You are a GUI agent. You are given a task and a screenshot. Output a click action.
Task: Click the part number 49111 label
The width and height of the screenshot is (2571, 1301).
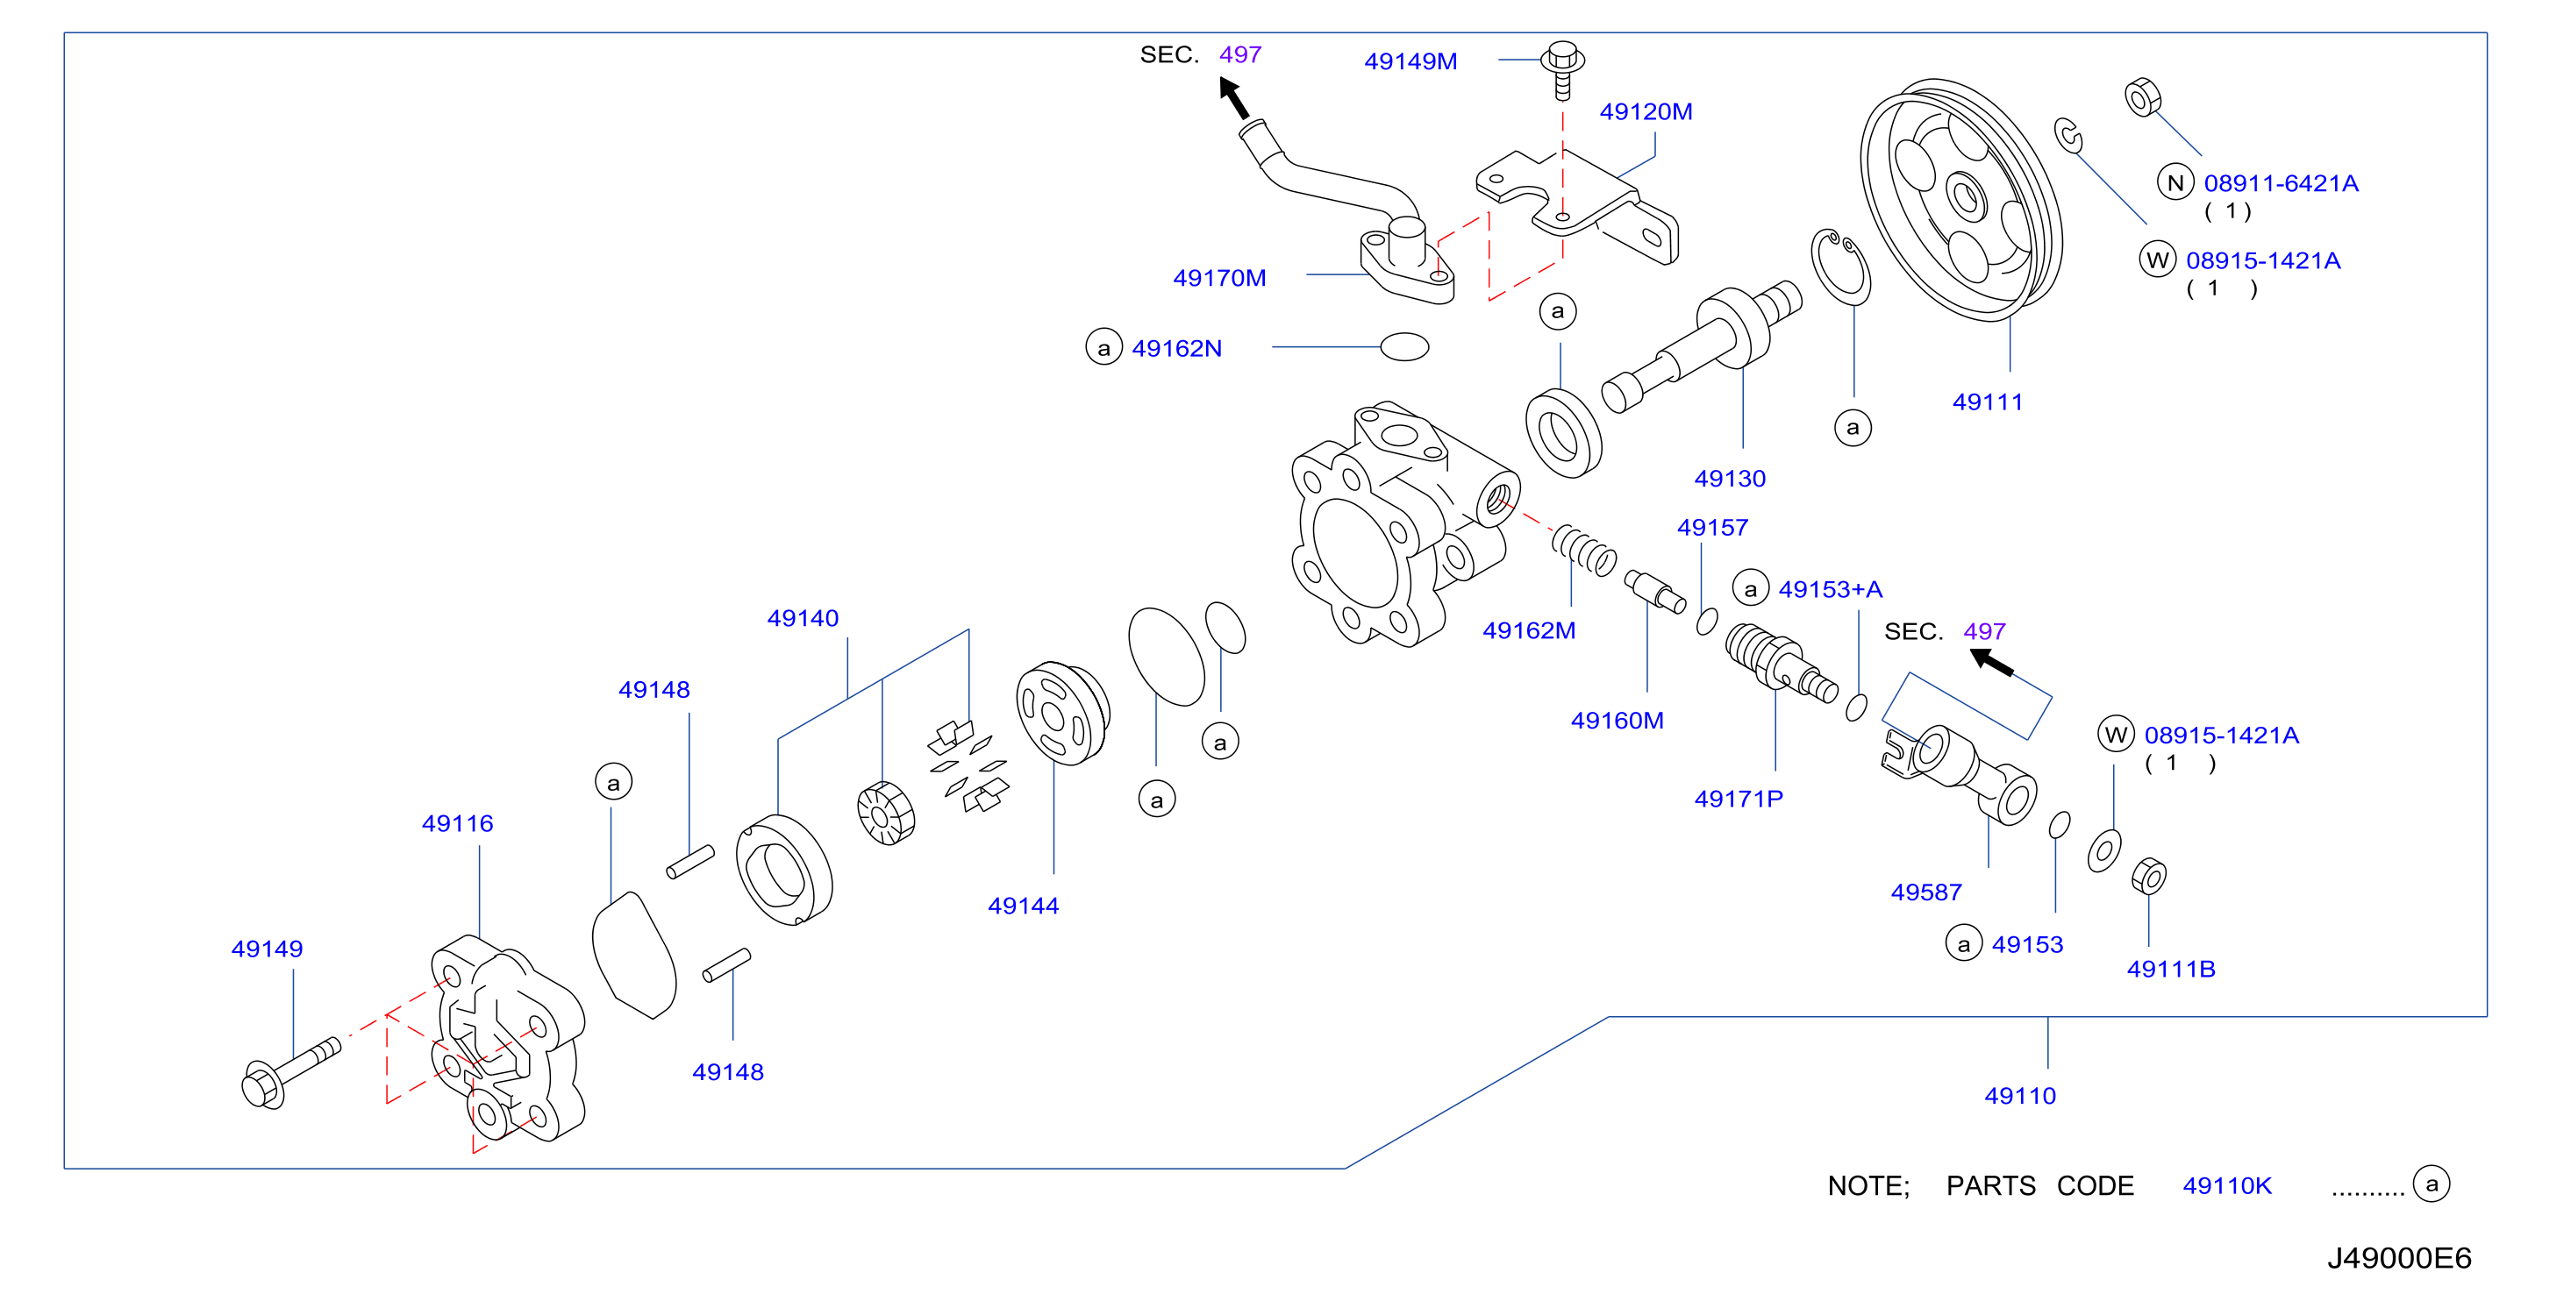[1987, 402]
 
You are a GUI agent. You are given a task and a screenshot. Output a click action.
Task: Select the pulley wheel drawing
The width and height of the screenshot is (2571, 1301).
[1960, 200]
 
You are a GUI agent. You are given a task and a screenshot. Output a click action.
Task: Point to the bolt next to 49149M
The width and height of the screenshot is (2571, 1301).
[1563, 70]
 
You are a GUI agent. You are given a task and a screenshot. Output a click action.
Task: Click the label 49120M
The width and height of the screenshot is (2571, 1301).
[1646, 111]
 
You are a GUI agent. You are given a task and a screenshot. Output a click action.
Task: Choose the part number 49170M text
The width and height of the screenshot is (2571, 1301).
[1218, 279]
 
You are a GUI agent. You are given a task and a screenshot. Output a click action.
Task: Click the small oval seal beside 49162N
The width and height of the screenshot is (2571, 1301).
[1404, 346]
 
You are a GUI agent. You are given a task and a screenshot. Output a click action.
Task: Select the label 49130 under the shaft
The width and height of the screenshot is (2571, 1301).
[1730, 479]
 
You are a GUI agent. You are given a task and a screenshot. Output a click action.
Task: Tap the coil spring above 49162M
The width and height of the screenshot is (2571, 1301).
[1584, 550]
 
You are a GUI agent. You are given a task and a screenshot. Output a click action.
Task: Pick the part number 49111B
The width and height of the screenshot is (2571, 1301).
[2171, 970]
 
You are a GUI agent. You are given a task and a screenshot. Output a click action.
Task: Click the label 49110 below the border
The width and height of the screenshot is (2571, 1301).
[2020, 1097]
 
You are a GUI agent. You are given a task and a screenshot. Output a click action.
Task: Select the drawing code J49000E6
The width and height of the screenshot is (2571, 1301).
[2399, 1258]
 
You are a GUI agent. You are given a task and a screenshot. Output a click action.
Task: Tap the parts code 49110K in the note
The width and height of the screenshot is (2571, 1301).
[2226, 1186]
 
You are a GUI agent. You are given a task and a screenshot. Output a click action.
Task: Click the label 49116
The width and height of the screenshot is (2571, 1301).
[457, 824]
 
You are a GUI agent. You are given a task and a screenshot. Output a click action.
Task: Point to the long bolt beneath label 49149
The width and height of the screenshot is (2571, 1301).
[291, 1072]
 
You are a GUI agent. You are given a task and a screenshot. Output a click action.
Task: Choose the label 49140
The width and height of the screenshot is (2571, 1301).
[803, 619]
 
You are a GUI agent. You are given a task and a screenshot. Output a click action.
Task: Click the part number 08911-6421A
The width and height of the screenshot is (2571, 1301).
[2281, 183]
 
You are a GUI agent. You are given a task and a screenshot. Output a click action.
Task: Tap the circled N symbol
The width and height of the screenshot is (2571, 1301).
[2175, 182]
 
